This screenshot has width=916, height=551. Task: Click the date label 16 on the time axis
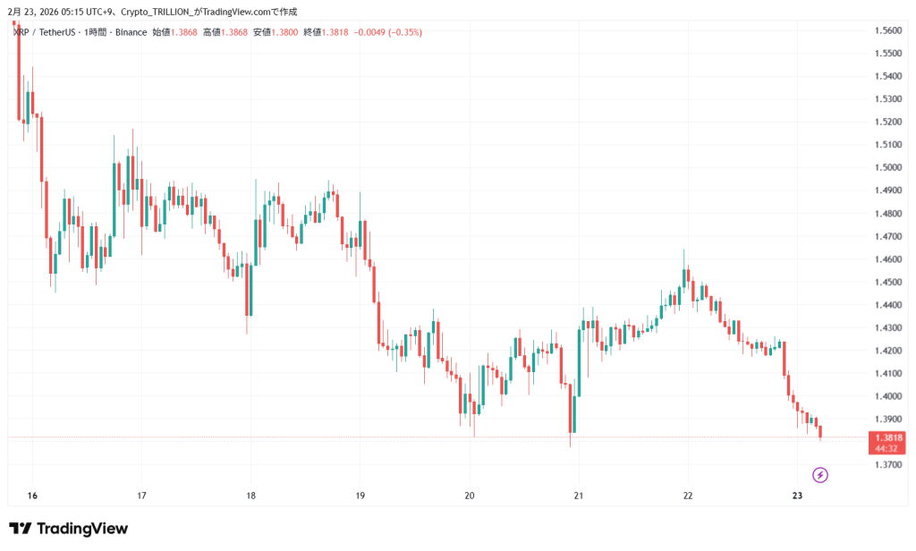click(32, 496)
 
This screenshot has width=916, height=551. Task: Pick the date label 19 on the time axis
click(360, 496)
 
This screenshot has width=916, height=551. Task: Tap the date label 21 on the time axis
click(579, 496)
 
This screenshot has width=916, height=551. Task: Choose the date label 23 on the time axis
click(797, 496)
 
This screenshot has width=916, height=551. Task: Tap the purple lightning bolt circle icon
click(820, 475)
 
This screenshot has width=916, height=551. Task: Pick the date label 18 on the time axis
click(250, 496)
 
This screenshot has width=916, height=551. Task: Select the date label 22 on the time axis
click(688, 496)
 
